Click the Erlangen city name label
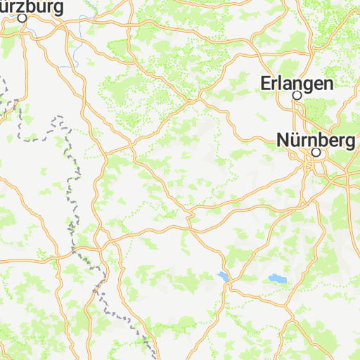[x=296, y=82]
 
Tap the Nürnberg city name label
[x=316, y=140]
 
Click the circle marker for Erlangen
[x=297, y=95]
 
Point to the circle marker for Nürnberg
[x=316, y=152]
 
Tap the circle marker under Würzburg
[x=22, y=19]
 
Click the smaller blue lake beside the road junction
[x=224, y=276]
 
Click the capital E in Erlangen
[x=265, y=82]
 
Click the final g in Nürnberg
[x=349, y=142]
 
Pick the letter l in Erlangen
[x=281, y=82]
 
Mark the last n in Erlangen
[x=328, y=83]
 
